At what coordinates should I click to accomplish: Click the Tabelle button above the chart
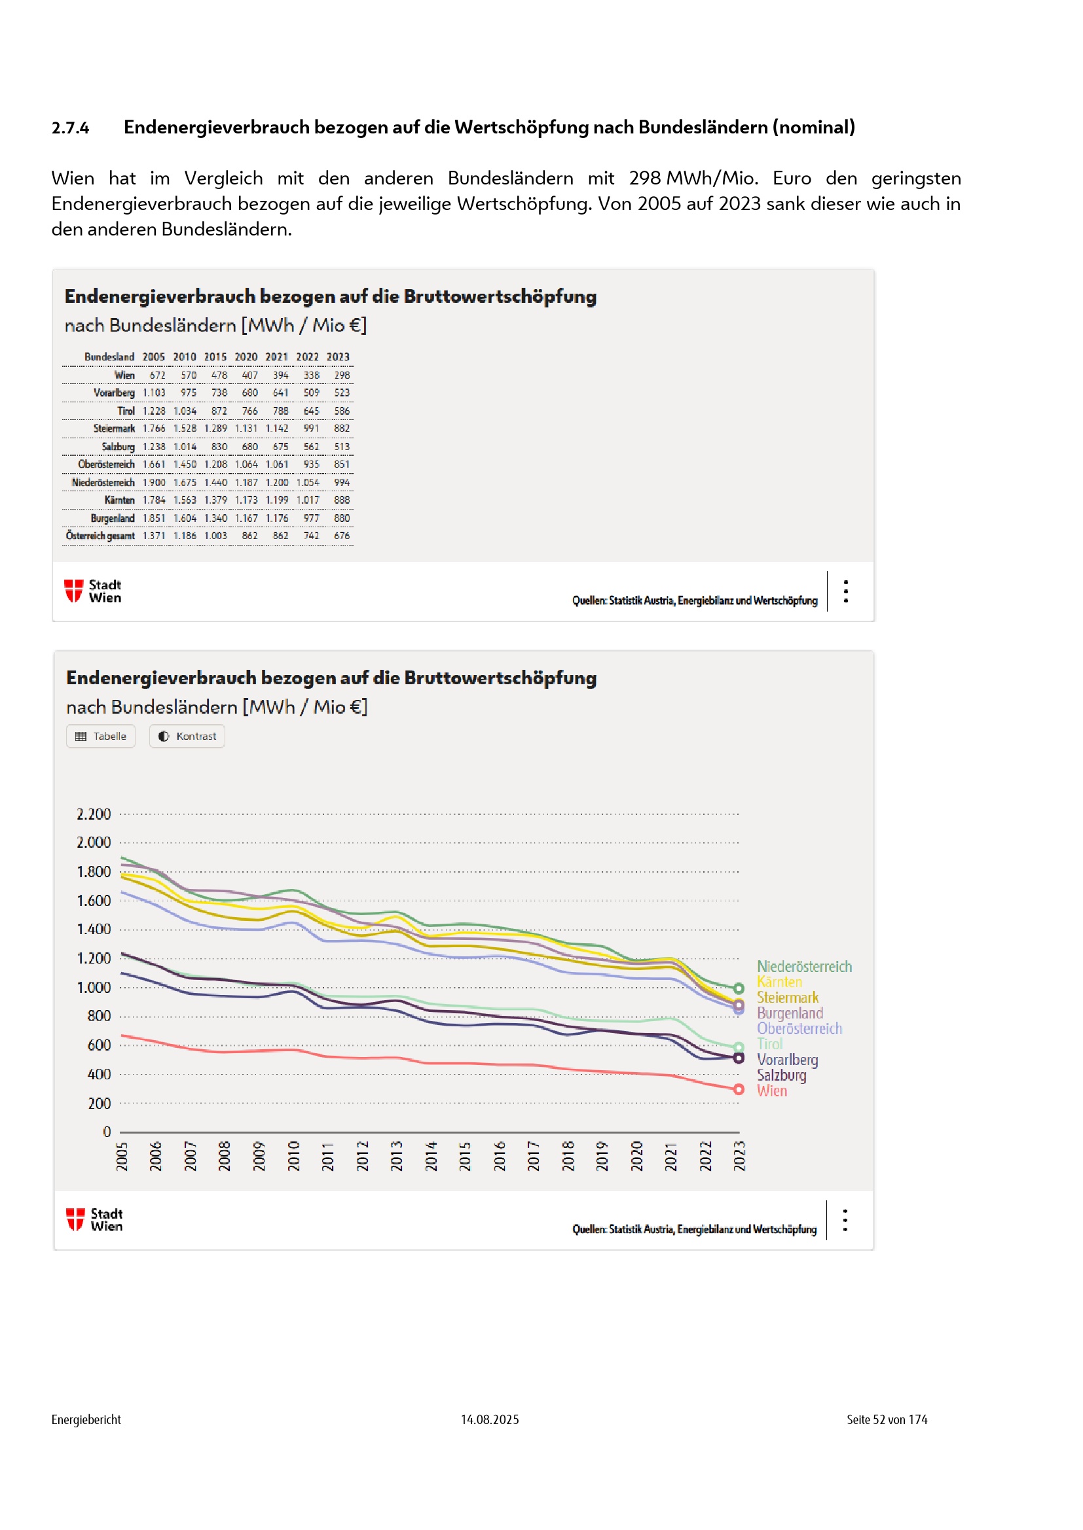(x=101, y=737)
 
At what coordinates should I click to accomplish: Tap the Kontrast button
(x=187, y=737)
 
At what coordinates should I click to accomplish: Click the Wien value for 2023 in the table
(x=342, y=375)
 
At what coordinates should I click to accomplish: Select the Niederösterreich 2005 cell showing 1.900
(x=154, y=483)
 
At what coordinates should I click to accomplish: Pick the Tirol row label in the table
(x=126, y=411)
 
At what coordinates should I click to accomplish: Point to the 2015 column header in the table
(x=215, y=357)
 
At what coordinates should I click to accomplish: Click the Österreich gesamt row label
(x=100, y=536)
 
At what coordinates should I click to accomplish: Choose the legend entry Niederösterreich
(x=804, y=967)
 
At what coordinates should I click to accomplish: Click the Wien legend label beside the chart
(x=771, y=1091)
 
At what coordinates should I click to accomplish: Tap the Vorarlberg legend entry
(x=787, y=1060)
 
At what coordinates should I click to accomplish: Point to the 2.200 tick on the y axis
(x=94, y=814)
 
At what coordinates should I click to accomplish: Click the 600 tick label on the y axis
(x=99, y=1045)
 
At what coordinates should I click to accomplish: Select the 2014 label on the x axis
(x=431, y=1156)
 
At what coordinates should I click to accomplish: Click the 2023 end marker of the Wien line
(x=739, y=1090)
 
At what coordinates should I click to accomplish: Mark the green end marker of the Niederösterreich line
(x=739, y=988)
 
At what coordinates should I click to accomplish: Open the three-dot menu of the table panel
(x=845, y=591)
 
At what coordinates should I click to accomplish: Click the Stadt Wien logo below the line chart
(x=94, y=1219)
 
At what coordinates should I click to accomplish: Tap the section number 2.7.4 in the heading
(x=70, y=128)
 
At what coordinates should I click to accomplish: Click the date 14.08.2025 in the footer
(x=490, y=1419)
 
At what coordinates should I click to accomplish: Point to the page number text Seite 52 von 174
(x=887, y=1419)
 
